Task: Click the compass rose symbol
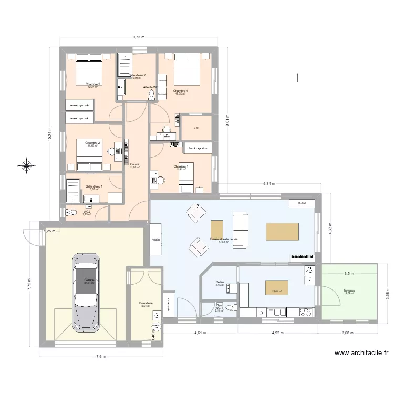click(26, 166)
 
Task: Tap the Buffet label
click(302, 203)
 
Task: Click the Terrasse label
click(349, 291)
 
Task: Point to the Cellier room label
click(220, 283)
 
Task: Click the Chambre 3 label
click(93, 84)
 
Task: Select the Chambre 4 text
click(180, 91)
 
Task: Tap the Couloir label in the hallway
click(135, 164)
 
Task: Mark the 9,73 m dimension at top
click(138, 37)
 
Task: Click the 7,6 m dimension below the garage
click(101, 357)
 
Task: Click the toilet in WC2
click(70, 212)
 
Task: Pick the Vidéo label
click(155, 240)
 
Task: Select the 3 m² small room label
click(196, 128)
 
